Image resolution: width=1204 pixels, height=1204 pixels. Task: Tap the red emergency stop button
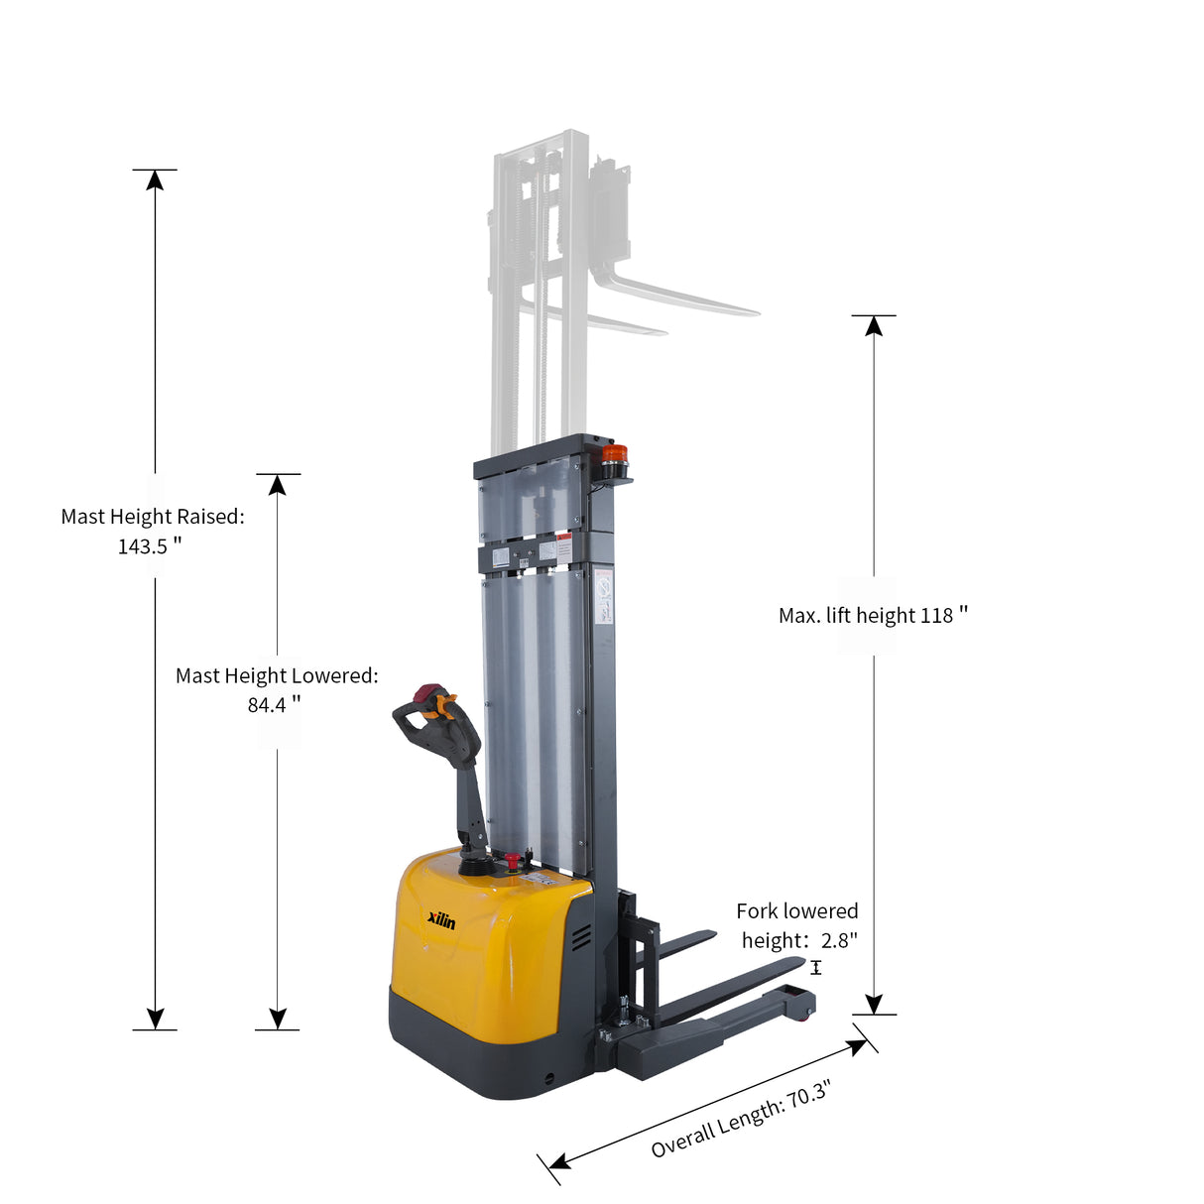[x=513, y=859]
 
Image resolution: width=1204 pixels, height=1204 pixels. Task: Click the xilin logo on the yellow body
[x=441, y=921]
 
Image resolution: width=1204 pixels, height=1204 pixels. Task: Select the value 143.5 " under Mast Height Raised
[x=150, y=546]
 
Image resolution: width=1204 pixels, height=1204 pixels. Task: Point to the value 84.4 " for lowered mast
[x=274, y=705]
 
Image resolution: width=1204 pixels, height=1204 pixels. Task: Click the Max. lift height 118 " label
[x=873, y=616]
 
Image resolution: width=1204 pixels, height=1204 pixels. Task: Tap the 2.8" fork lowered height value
[x=839, y=940]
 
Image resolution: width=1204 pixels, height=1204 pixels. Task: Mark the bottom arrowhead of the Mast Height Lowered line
[x=278, y=1019]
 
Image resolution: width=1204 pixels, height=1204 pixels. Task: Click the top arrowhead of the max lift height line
[x=874, y=326]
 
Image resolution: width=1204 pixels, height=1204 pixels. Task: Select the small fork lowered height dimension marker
[x=816, y=968]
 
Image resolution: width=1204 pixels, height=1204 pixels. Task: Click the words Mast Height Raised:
[x=153, y=517]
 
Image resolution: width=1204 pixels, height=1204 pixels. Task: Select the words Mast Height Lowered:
[x=277, y=676]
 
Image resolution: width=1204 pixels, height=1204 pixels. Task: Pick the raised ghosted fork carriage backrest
[x=609, y=208]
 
